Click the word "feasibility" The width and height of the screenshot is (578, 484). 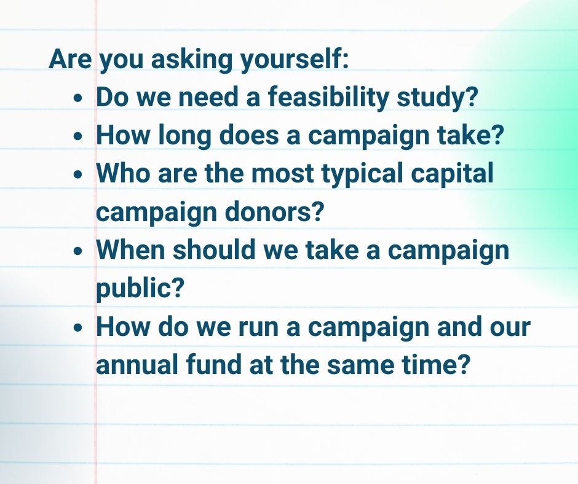point(328,98)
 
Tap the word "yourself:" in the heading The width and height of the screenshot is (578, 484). point(294,60)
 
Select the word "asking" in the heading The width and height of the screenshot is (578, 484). point(191,60)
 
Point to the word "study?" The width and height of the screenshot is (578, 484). point(437,98)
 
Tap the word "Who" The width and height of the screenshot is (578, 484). point(123,173)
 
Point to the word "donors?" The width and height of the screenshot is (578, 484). point(274,211)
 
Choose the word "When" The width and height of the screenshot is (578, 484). point(130,249)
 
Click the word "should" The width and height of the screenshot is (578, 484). point(214,249)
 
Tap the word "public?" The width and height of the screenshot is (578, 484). point(140,289)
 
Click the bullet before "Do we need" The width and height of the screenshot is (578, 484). point(77,98)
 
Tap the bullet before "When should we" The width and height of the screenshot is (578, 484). point(77,251)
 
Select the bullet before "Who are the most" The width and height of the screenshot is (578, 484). point(77,174)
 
